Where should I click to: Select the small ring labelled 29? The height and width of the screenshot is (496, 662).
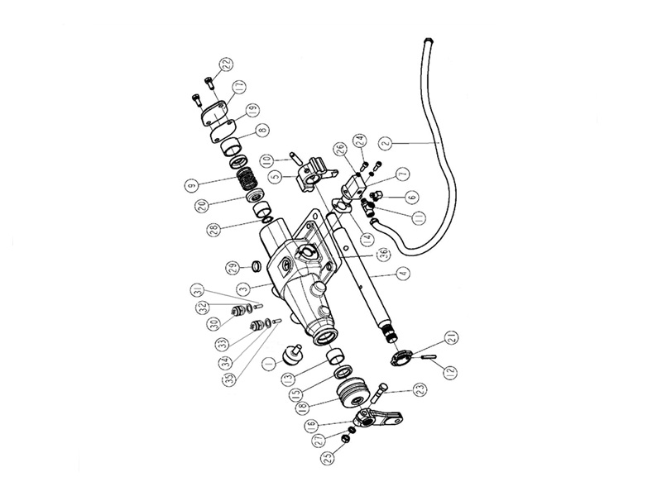pos(257,267)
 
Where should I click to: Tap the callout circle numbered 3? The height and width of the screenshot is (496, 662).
pos(243,289)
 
